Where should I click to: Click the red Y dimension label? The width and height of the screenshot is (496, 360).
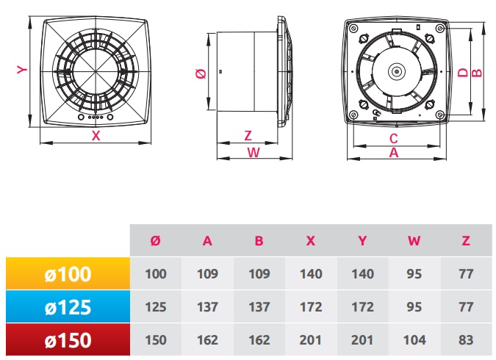tap(22, 70)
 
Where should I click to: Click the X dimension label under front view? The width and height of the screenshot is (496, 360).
tap(96, 136)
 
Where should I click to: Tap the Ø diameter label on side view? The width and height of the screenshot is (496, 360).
tap(201, 74)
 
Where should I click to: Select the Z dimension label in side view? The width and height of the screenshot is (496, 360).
tap(248, 136)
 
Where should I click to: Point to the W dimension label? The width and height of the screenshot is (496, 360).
tap(254, 153)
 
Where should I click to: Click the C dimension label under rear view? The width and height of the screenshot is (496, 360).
tap(394, 139)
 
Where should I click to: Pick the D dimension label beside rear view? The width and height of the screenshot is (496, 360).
tap(463, 73)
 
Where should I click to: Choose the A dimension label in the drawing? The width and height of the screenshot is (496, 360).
tap(394, 153)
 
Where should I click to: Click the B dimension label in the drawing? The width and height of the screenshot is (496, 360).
tap(477, 73)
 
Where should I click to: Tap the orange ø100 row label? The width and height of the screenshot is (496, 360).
tap(68, 273)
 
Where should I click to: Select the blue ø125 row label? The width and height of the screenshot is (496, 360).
tap(68, 307)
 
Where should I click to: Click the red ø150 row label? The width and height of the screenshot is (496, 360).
tap(68, 340)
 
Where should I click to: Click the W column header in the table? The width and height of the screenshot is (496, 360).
tap(414, 241)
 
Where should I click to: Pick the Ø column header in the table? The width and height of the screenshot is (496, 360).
tap(155, 241)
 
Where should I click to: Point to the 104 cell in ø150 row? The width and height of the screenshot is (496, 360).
tap(414, 340)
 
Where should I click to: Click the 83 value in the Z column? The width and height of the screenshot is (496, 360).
tap(466, 340)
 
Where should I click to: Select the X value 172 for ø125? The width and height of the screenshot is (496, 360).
tap(311, 307)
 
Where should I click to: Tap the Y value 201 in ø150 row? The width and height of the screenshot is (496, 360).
tap(362, 340)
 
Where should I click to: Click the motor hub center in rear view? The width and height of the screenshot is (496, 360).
tap(396, 72)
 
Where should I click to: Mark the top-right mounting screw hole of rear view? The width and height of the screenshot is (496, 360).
tap(440, 29)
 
